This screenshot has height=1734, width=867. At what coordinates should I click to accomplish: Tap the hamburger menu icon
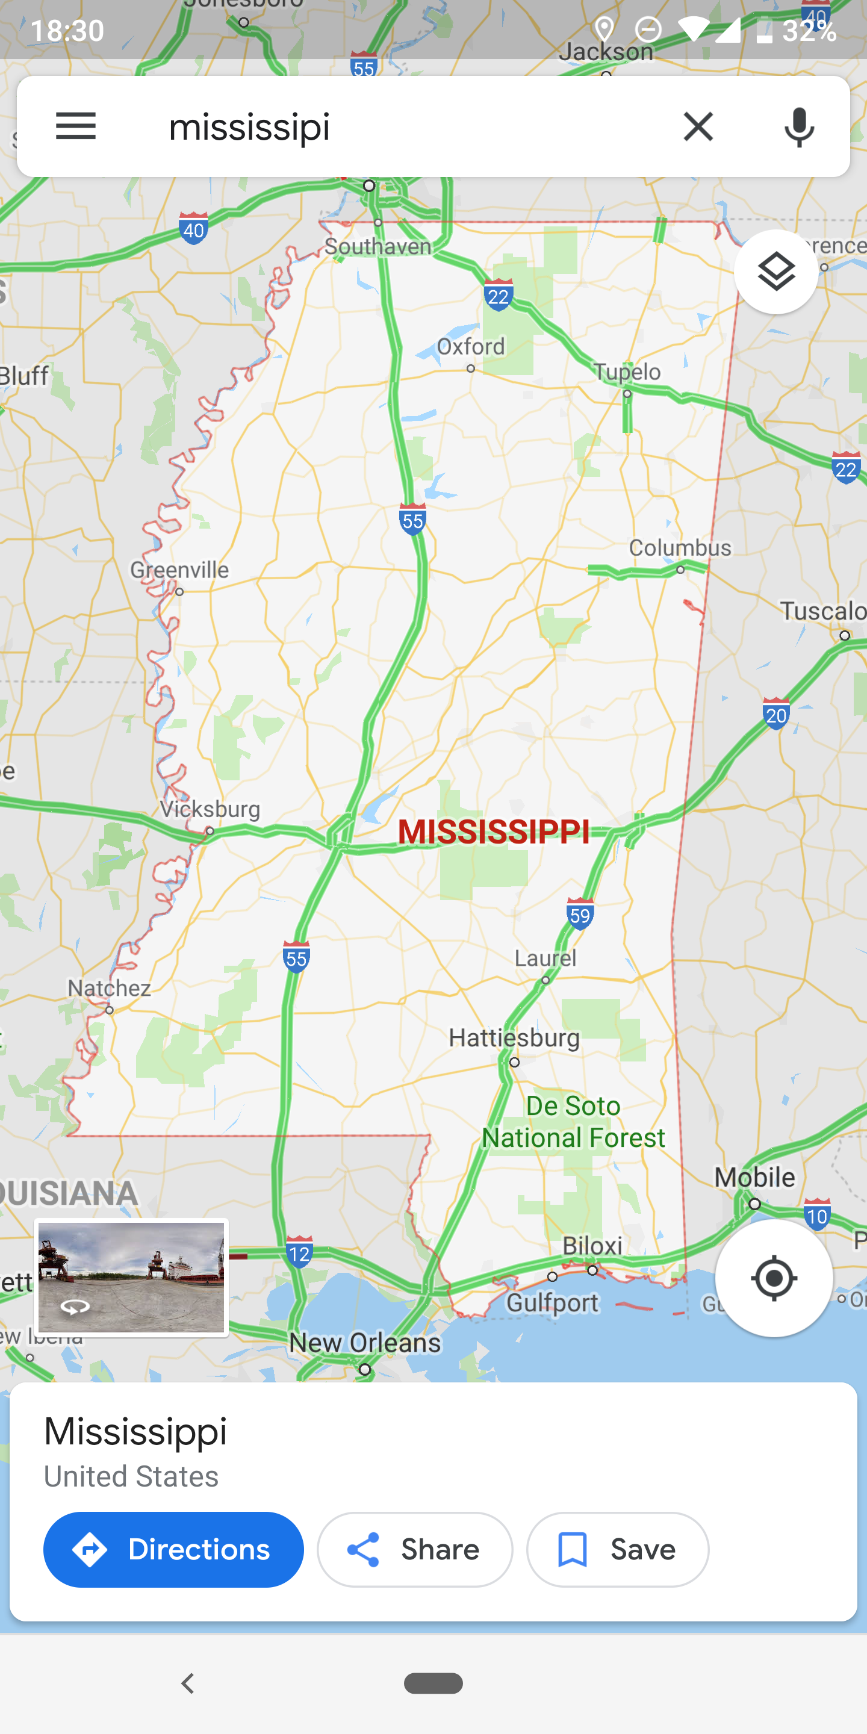[76, 126]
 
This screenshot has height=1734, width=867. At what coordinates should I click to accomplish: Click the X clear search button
[698, 126]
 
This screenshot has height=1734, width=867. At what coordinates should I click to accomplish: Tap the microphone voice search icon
[799, 126]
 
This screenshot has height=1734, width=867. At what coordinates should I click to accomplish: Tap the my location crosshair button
[774, 1278]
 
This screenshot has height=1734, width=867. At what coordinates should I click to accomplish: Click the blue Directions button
[173, 1549]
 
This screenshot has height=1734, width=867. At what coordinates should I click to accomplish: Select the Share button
[415, 1549]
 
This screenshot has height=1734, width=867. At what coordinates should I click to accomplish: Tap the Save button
[617, 1549]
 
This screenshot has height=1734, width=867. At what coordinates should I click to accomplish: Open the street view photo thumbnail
[131, 1277]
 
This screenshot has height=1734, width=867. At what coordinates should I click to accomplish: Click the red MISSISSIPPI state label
[494, 831]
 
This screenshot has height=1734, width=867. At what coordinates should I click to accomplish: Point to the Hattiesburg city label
[514, 1037]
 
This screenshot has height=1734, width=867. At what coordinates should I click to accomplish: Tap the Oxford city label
[470, 347]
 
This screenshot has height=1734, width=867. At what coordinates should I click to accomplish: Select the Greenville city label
[180, 570]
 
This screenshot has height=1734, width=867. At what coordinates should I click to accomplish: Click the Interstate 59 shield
[580, 914]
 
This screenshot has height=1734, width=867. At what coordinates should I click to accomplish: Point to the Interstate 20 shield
[775, 714]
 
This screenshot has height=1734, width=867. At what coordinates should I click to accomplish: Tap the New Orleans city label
[365, 1342]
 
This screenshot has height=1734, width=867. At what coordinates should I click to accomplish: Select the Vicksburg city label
[210, 809]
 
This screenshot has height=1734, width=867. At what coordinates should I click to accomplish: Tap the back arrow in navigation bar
[188, 1683]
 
